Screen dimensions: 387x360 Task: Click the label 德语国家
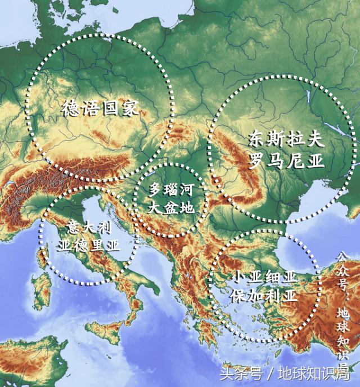click(x=100, y=108)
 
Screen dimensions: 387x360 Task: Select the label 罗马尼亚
click(x=287, y=161)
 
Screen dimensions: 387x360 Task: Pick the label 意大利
click(x=89, y=228)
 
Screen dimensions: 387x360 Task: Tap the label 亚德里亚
click(x=89, y=245)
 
